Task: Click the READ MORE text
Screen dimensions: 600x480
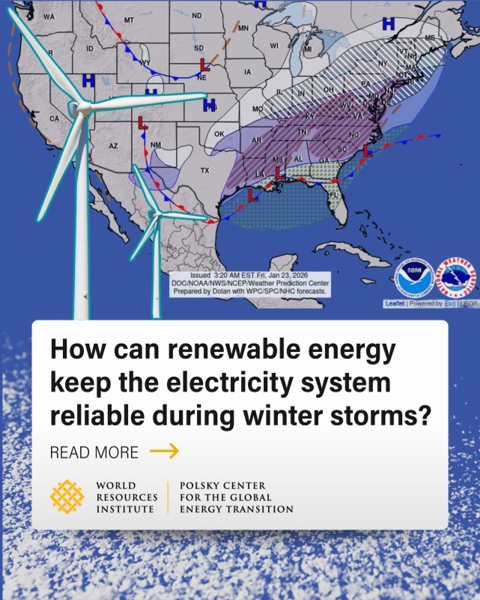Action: pos(94,452)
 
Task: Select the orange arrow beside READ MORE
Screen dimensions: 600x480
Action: pos(164,450)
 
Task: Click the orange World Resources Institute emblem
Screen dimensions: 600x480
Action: pos(67,497)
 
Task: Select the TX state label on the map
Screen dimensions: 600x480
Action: pos(204,171)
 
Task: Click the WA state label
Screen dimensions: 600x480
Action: pos(49,16)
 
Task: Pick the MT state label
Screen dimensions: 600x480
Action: pos(129,19)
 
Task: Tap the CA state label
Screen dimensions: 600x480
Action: pos(54,118)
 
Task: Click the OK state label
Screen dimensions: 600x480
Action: pos(219,133)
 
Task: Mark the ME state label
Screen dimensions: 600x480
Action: pos(429,37)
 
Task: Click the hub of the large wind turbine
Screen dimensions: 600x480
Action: pos(81,109)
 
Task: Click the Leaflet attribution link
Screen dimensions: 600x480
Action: pos(395,303)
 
